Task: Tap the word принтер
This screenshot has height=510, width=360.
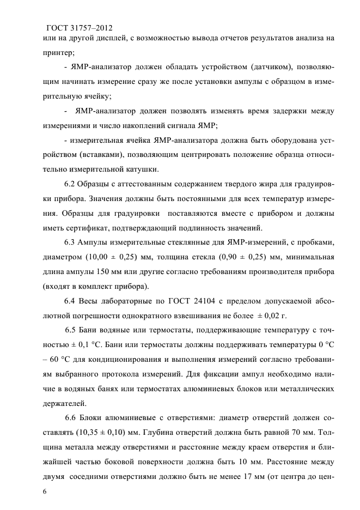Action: coord(58,53)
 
